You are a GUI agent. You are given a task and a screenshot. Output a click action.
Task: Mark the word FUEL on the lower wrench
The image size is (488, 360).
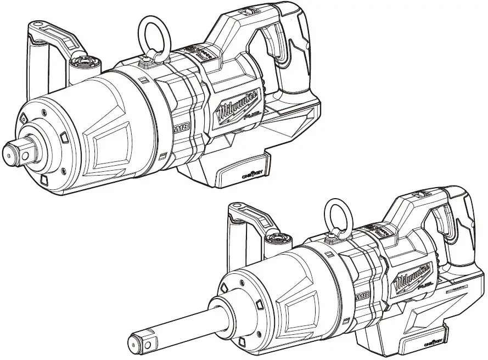point(425,286)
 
